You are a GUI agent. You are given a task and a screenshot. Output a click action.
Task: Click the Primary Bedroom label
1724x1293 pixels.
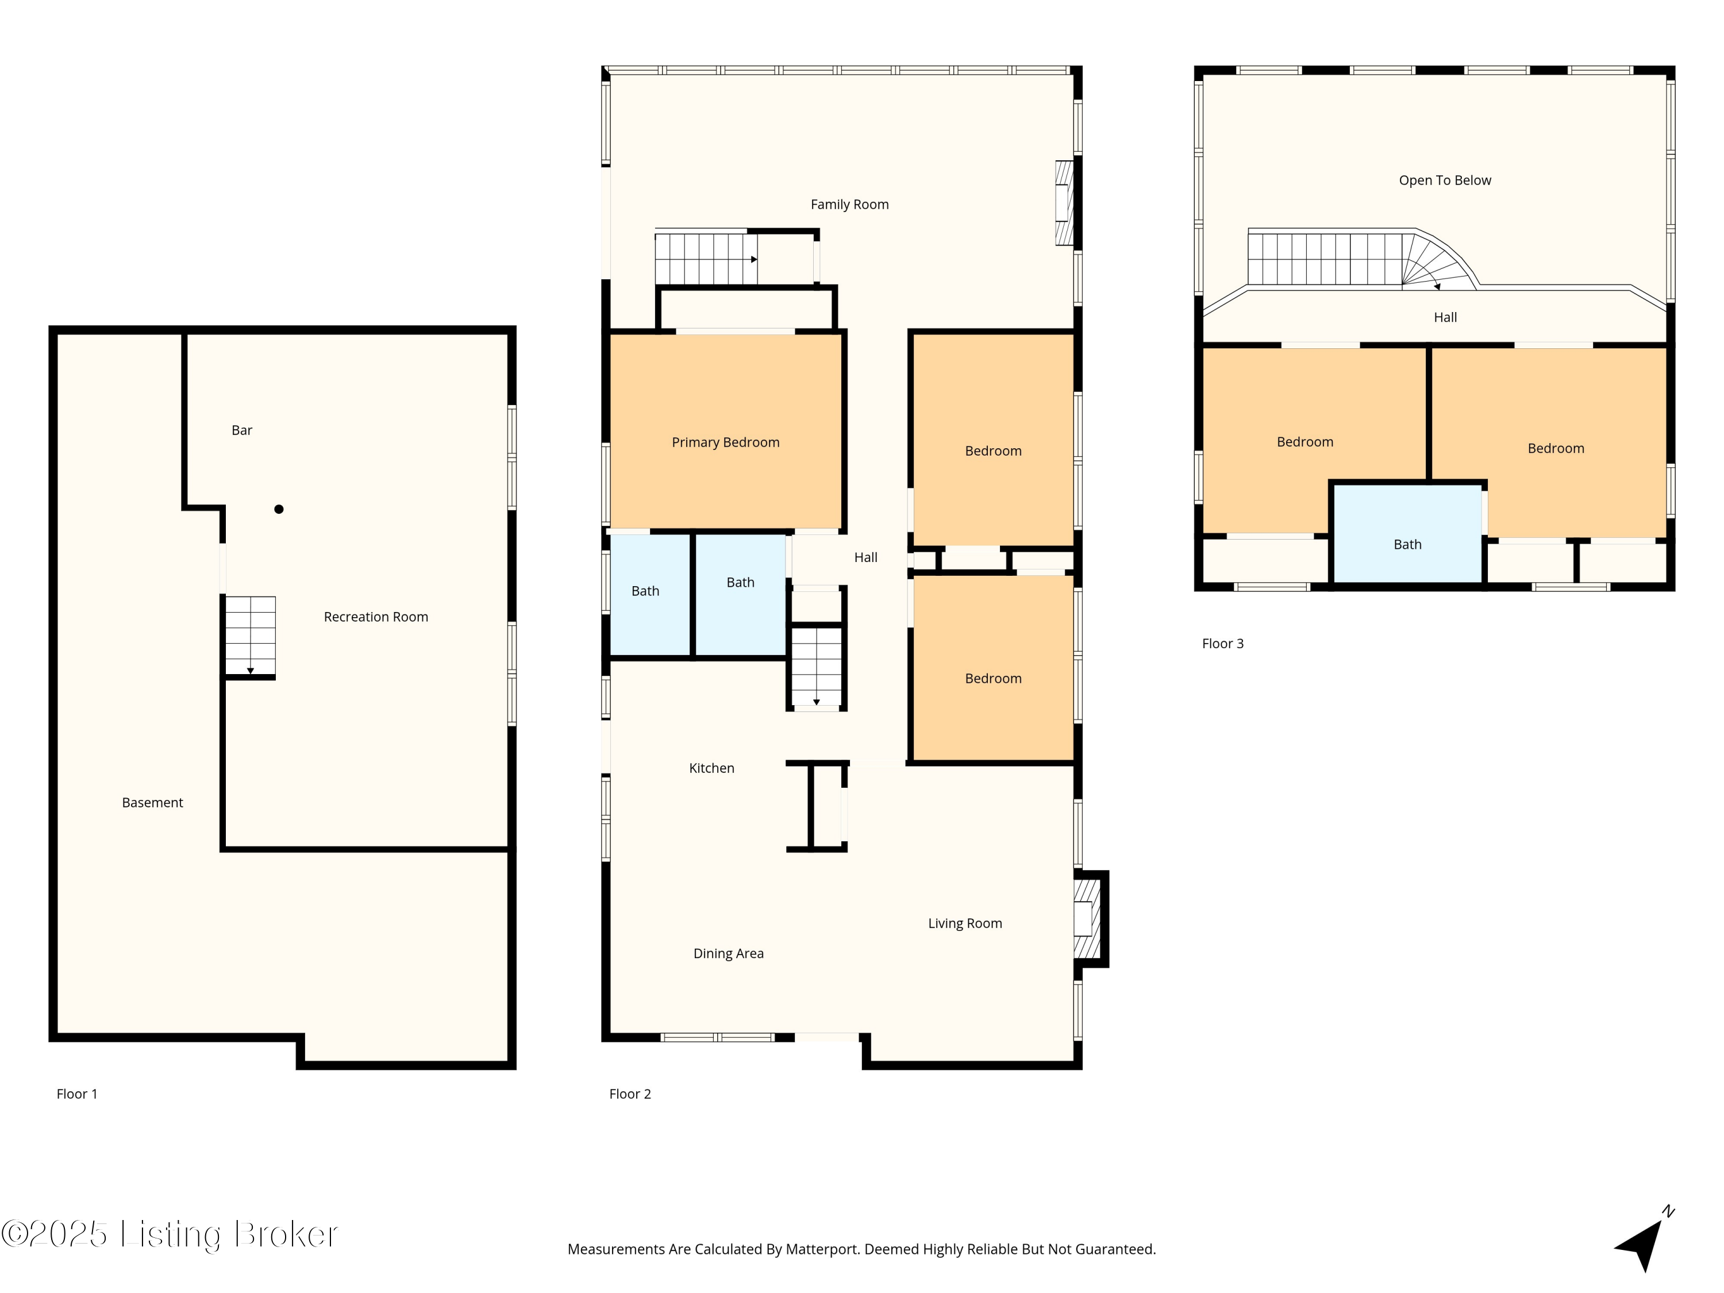[x=726, y=442]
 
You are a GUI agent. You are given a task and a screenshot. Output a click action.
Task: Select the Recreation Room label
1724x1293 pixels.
[x=376, y=617]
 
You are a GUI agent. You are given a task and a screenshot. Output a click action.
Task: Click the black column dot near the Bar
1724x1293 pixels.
[x=279, y=509]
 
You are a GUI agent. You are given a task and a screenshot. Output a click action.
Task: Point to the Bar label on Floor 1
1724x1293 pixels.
[x=241, y=430]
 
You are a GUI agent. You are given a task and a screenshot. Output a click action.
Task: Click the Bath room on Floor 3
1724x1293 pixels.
[x=1407, y=534]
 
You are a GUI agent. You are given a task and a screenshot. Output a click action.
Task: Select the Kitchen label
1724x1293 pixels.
[x=711, y=768]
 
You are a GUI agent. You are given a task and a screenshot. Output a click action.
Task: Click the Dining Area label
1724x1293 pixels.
[x=729, y=954]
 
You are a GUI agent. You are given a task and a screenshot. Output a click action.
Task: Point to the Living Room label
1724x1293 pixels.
[x=965, y=923]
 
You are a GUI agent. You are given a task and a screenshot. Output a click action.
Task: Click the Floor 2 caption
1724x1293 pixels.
[x=630, y=1094]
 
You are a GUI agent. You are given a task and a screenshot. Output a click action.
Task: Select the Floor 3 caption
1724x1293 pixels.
[x=1223, y=644]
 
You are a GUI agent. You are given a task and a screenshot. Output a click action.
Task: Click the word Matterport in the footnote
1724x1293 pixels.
[x=821, y=1249]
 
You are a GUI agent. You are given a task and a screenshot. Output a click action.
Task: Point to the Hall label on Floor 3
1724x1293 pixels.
[x=1445, y=317]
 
